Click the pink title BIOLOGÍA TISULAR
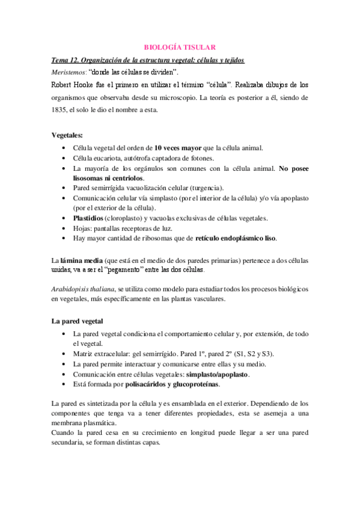click(x=179, y=47)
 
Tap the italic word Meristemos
click(x=68, y=72)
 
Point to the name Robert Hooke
click(x=75, y=84)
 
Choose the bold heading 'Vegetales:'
click(x=67, y=135)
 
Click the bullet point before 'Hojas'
click(x=64, y=229)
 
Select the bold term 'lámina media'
click(x=81, y=260)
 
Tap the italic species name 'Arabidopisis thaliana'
click(x=83, y=289)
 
